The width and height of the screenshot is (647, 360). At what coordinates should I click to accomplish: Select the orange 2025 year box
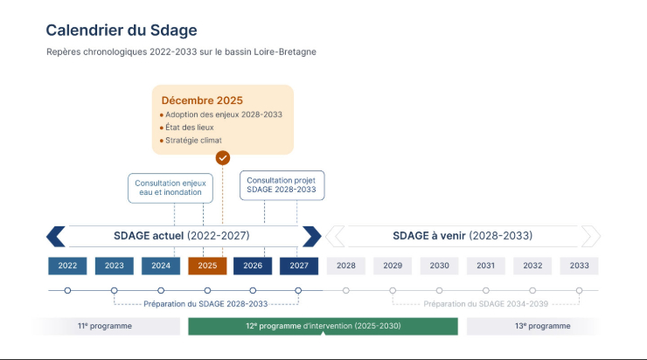pos(207,266)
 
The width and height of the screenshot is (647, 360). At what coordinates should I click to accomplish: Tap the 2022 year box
pos(67,266)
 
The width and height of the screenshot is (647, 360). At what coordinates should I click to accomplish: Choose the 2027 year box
pos(299,266)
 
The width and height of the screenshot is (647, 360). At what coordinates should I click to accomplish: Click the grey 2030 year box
pos(439,266)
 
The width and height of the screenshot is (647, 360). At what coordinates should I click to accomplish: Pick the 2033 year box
pos(579,266)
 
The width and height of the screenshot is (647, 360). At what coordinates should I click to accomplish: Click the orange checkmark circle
pos(223,157)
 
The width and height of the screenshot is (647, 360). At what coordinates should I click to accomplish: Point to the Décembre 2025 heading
pos(202,100)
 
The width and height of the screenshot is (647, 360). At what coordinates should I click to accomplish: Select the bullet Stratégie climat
pos(193,140)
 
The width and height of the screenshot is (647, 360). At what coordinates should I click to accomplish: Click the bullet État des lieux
pos(189,128)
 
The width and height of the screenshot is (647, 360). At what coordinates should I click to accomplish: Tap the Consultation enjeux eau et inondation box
pos(170,188)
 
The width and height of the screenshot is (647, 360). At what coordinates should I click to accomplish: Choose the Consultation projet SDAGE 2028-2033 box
pos(282,184)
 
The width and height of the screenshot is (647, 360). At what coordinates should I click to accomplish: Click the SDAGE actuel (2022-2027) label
pos(182,236)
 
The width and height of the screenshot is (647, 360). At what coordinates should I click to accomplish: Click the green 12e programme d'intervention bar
pos(323,326)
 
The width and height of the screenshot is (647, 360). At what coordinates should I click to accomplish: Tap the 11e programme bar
pos(104,326)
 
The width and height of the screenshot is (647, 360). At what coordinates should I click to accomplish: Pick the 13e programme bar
pos(542,326)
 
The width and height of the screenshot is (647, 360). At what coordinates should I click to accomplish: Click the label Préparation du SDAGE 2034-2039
pos(485,304)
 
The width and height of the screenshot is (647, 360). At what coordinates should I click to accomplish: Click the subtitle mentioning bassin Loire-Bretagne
pos(181,52)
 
